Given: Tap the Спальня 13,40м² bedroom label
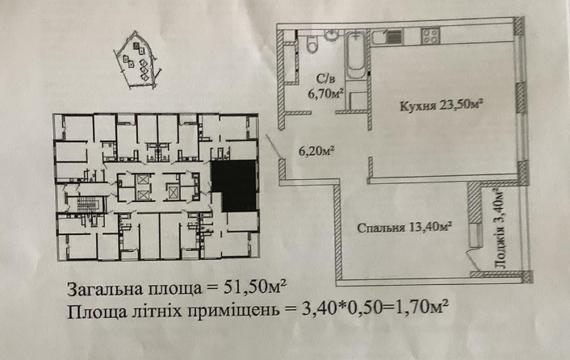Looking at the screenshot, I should coord(404,228).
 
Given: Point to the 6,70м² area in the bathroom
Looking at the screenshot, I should coord(326,93).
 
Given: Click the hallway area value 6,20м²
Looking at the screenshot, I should coord(316,150).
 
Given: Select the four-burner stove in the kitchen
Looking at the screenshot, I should coord(430,36).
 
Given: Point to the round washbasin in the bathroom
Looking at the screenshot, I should coord(331,35).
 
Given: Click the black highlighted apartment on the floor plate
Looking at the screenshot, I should coord(232,186).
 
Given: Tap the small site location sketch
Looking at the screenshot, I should coord(136,61).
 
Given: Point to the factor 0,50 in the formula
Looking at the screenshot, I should coord(355,308).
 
